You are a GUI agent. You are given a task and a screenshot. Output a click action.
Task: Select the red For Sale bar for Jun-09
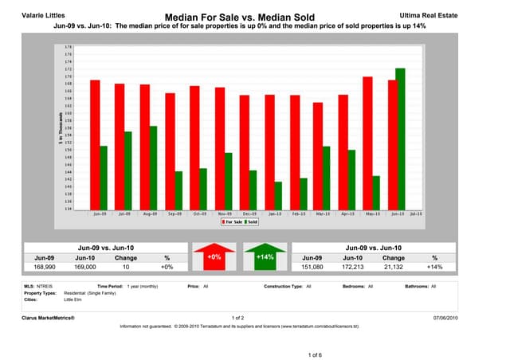[95, 144]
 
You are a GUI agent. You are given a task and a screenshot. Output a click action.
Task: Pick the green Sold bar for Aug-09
[154, 167]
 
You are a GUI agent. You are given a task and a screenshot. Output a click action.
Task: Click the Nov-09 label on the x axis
[224, 214]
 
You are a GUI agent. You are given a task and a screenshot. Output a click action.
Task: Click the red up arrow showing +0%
[214, 258]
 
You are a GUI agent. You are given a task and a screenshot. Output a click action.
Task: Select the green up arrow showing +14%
[265, 258]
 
